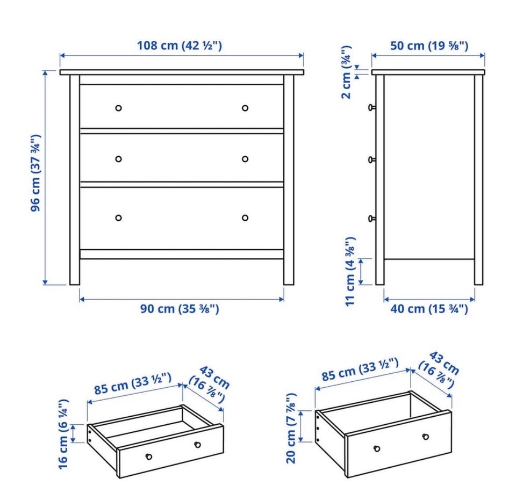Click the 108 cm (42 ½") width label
click(x=180, y=46)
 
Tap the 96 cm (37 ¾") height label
click(x=35, y=173)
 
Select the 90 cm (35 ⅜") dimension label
click(x=180, y=309)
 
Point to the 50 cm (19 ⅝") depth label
click(x=429, y=46)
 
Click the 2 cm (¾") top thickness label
click(x=346, y=72)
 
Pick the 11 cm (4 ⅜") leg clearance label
click(x=350, y=271)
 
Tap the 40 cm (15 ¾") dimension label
click(x=429, y=309)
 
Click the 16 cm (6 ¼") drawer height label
click(x=63, y=434)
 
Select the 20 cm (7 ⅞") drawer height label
click(x=291, y=428)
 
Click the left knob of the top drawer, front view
click(x=118, y=108)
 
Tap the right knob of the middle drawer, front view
click(x=245, y=159)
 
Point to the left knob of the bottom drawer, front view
click(x=118, y=218)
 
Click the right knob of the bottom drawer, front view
click(x=245, y=218)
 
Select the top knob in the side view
click(x=371, y=107)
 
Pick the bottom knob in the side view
click(x=371, y=219)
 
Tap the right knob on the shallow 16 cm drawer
click(x=197, y=445)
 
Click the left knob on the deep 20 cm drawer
click(x=377, y=448)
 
